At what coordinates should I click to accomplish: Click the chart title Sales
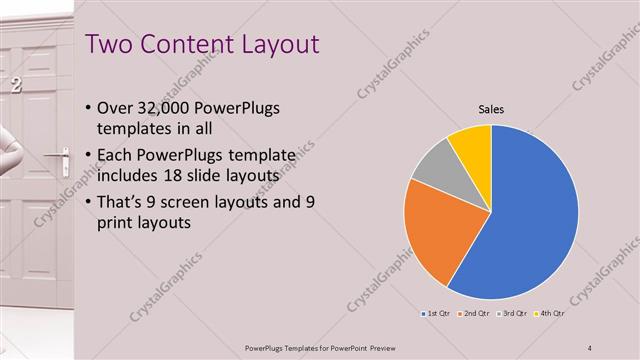(x=490, y=109)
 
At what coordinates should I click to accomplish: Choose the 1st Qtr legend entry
(x=436, y=314)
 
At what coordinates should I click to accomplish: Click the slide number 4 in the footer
(x=590, y=347)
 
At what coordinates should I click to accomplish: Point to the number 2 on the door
(x=15, y=86)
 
